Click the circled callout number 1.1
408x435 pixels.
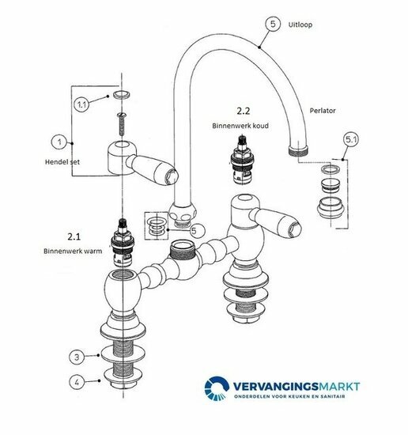click(81, 104)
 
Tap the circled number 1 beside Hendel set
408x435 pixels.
click(59, 142)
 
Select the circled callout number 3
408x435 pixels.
click(77, 357)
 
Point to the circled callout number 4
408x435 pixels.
click(77, 382)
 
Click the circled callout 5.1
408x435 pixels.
click(351, 139)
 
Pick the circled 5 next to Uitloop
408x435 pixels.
click(273, 24)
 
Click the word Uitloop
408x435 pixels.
click(300, 25)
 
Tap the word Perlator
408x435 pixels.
click(323, 111)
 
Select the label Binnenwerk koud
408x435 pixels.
click(240, 126)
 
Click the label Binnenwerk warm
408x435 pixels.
click(73, 251)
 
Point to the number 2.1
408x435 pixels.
click(74, 236)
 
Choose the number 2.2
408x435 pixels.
click(244, 111)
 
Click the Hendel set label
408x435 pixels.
click(62, 161)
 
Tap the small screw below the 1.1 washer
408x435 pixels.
click(122, 123)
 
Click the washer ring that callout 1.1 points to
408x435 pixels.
click(122, 94)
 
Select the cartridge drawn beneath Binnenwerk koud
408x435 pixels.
click(242, 160)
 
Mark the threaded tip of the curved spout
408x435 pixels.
click(298, 151)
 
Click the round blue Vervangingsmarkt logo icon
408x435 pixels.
click(217, 388)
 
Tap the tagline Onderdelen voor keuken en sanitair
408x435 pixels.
click(289, 396)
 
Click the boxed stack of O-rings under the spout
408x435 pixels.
click(157, 225)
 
